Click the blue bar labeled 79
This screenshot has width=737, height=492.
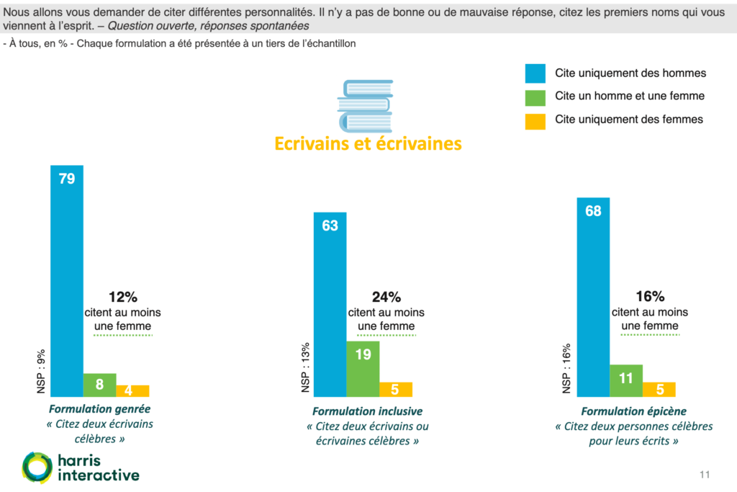pos(67,281)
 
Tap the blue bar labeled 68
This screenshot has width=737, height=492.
pos(593,296)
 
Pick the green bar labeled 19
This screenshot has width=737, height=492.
pos(362,368)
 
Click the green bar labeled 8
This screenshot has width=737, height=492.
pos(99,385)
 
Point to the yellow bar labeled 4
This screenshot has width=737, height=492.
pos(132,390)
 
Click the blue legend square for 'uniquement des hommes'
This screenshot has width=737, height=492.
pos(535,73)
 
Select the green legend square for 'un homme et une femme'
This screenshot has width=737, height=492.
pos(535,97)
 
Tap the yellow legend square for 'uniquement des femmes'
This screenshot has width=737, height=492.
pos(535,120)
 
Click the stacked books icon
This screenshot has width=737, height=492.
pos(365,105)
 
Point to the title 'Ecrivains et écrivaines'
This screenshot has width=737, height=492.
pos(368,143)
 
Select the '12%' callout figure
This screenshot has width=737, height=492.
pos(122,296)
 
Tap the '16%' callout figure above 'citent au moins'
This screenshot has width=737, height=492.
pos(649,296)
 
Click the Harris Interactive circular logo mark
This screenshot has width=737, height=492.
pos(37,467)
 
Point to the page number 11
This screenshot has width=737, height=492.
pos(705,474)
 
